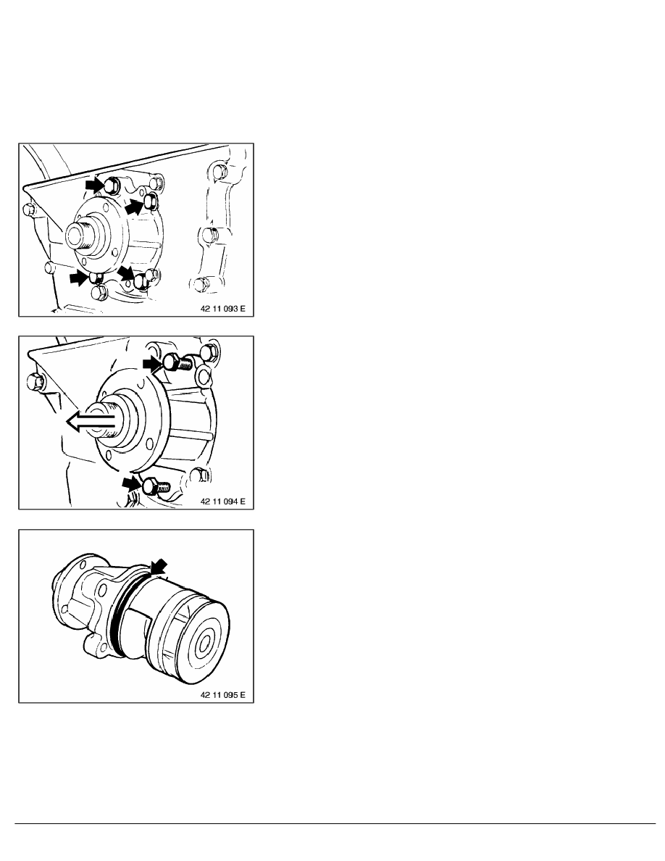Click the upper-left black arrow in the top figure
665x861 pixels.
click(x=94, y=186)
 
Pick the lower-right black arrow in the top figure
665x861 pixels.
click(x=127, y=273)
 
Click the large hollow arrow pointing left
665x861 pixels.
click(x=91, y=423)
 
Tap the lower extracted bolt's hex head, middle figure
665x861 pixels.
click(x=151, y=486)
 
